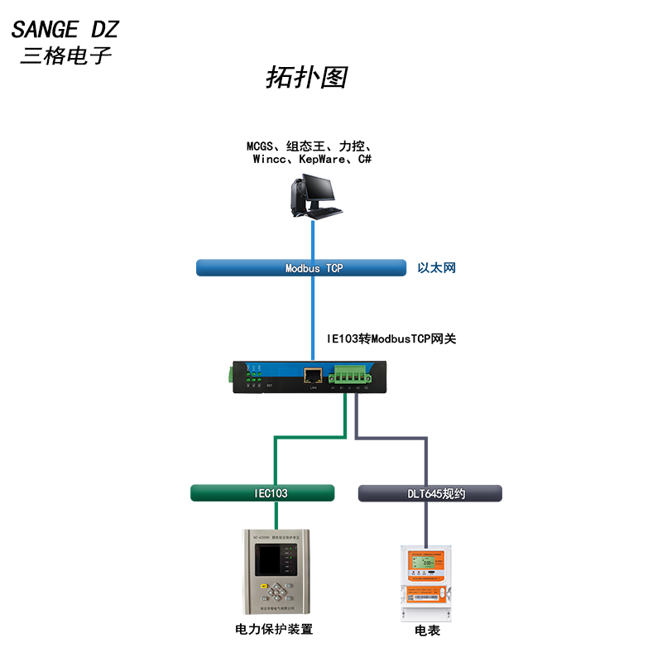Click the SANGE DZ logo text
tap(65, 30)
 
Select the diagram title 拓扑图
tap(305, 77)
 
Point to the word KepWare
tap(322, 159)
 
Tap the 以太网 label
tap(436, 268)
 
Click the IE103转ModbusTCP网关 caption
tap(391, 338)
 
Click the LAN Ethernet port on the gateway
tap(313, 375)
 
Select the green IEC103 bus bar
tap(262, 493)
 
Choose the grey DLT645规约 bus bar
tap(429, 494)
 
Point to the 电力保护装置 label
tap(274, 630)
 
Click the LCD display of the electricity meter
tap(429, 565)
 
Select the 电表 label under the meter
tap(427, 631)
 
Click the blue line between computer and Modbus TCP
tap(314, 240)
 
